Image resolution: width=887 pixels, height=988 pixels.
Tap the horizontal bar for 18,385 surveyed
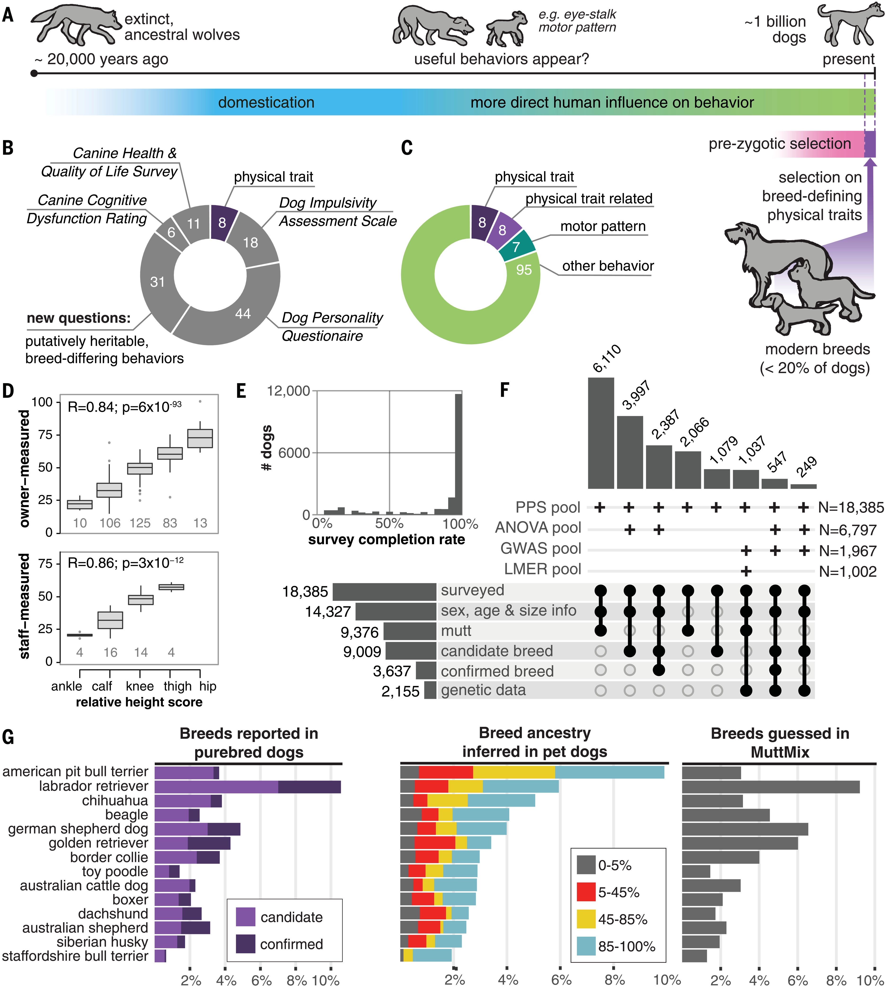pyautogui.click(x=384, y=592)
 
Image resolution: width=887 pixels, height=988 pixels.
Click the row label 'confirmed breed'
pyautogui.click(x=497, y=671)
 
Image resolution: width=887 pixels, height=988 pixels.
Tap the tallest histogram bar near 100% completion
pyautogui.click(x=459, y=453)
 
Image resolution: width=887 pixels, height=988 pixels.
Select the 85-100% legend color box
pyautogui.click(x=586, y=946)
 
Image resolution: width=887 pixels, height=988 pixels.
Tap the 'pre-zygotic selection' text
pyautogui.click(x=780, y=144)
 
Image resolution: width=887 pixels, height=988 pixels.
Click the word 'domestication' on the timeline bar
pyautogui.click(x=266, y=102)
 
